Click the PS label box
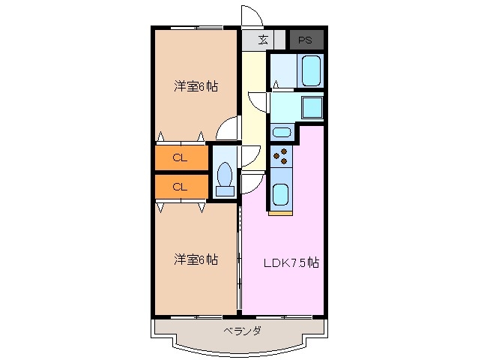click(x=306, y=40)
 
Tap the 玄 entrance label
click(x=263, y=40)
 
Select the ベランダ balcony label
click(x=241, y=331)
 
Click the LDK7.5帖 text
click(x=291, y=263)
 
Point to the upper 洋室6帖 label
click(x=196, y=86)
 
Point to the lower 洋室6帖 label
click(x=196, y=260)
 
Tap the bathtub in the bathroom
click(x=311, y=71)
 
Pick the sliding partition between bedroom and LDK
click(x=240, y=259)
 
